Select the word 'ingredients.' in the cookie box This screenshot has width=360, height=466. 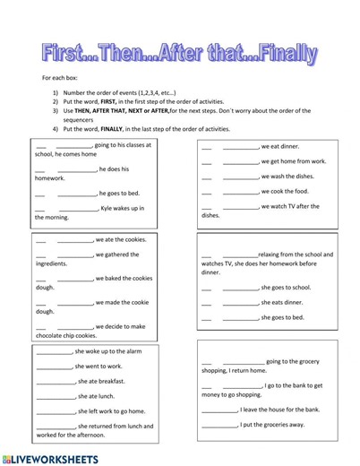51,264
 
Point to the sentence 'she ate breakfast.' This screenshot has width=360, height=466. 100,381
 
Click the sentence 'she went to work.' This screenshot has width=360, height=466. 99,366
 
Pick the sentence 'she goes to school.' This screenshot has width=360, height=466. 286,288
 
